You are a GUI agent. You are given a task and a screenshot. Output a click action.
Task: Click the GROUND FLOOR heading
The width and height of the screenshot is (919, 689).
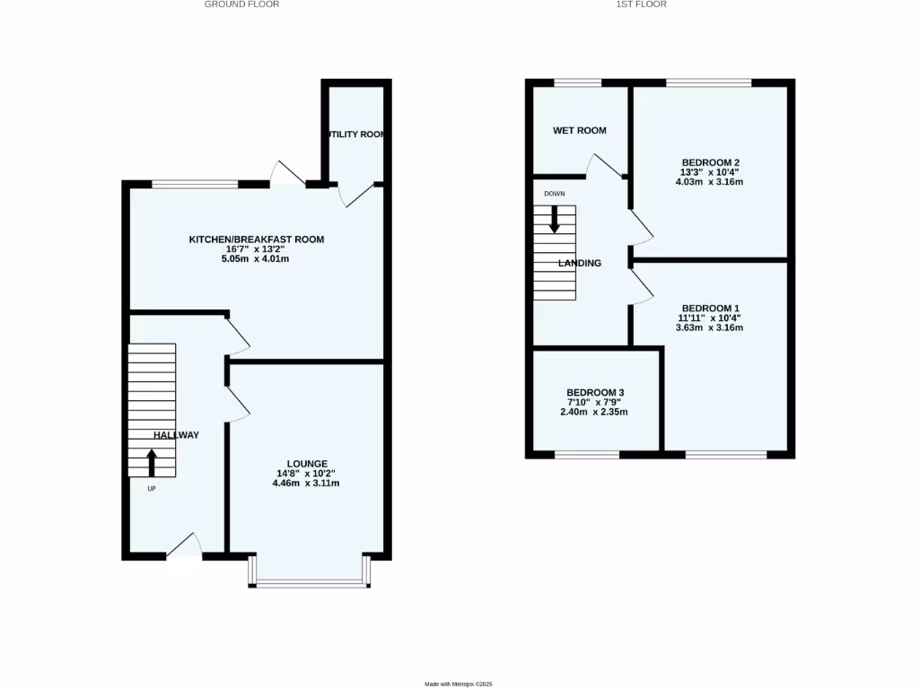coord(241,4)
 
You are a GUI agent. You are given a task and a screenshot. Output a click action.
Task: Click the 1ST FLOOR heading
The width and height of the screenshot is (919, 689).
coord(641,4)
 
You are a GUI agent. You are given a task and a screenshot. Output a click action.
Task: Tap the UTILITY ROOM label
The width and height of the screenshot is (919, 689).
coord(356,135)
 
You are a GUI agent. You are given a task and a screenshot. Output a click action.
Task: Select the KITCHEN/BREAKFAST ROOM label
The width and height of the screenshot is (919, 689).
coord(256,240)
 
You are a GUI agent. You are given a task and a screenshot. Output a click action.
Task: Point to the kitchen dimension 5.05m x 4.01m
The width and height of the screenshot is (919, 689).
coord(256,259)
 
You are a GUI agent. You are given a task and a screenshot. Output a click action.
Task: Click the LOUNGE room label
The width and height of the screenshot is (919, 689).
coord(306,464)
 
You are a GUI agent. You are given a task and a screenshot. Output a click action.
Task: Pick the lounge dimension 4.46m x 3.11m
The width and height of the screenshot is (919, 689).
coord(306,484)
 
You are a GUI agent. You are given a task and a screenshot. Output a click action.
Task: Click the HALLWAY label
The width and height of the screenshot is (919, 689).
coord(176,435)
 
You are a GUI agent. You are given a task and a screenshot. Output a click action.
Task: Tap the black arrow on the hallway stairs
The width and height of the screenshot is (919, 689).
coord(151,462)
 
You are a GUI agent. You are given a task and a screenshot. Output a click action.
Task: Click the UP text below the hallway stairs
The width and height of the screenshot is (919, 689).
coord(151,489)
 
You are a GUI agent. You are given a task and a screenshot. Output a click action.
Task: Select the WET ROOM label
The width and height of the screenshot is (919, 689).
coord(579,131)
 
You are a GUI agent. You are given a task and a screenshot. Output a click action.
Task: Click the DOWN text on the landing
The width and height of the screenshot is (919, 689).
coord(554,194)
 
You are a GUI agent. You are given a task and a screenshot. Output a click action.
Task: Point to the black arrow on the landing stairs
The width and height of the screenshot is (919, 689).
coord(554,219)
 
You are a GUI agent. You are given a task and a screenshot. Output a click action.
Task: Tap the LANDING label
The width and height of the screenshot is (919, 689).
coord(580,264)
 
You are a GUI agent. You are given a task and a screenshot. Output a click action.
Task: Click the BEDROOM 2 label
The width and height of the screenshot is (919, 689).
coord(709,162)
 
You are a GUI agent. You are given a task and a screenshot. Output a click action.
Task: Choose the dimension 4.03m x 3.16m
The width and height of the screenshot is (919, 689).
coord(709,182)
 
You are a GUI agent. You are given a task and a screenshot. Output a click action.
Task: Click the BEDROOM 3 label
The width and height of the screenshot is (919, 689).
coord(595,393)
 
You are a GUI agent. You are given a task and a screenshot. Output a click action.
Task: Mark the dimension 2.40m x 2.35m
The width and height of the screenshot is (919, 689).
coord(595,413)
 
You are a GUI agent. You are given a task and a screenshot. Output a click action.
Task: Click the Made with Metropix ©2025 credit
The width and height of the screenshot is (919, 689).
coord(459,685)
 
